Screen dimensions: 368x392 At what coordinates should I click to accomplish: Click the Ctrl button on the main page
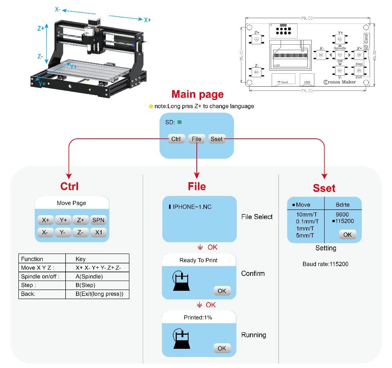pos(176,139)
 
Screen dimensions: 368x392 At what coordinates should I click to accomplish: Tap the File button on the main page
pos(196,139)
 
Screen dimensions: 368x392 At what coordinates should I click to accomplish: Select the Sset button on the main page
pos(216,139)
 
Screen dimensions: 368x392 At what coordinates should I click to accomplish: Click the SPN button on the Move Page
pos(98,220)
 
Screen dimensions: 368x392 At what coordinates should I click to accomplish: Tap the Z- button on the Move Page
pos(80,232)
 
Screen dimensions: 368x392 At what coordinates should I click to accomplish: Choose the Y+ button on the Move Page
pos(63,220)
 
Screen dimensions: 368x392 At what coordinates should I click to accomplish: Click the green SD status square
pos(180,122)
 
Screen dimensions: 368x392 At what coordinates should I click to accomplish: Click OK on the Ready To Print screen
pos(222,291)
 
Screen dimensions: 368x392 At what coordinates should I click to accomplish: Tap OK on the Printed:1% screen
pos(222,348)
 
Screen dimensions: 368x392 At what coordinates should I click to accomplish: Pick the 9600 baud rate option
pos(342,214)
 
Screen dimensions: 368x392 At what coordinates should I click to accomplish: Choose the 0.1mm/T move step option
pos(308,221)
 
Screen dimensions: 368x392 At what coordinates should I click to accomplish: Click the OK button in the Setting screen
pos(347,234)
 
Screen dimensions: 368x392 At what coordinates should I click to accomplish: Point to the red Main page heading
pos(198,94)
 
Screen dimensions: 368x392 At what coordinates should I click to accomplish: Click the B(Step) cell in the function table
pos(85,285)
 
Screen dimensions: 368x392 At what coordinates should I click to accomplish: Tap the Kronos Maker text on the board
pos(340,82)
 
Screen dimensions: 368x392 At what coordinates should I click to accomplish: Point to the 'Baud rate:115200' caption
pos(325,264)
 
